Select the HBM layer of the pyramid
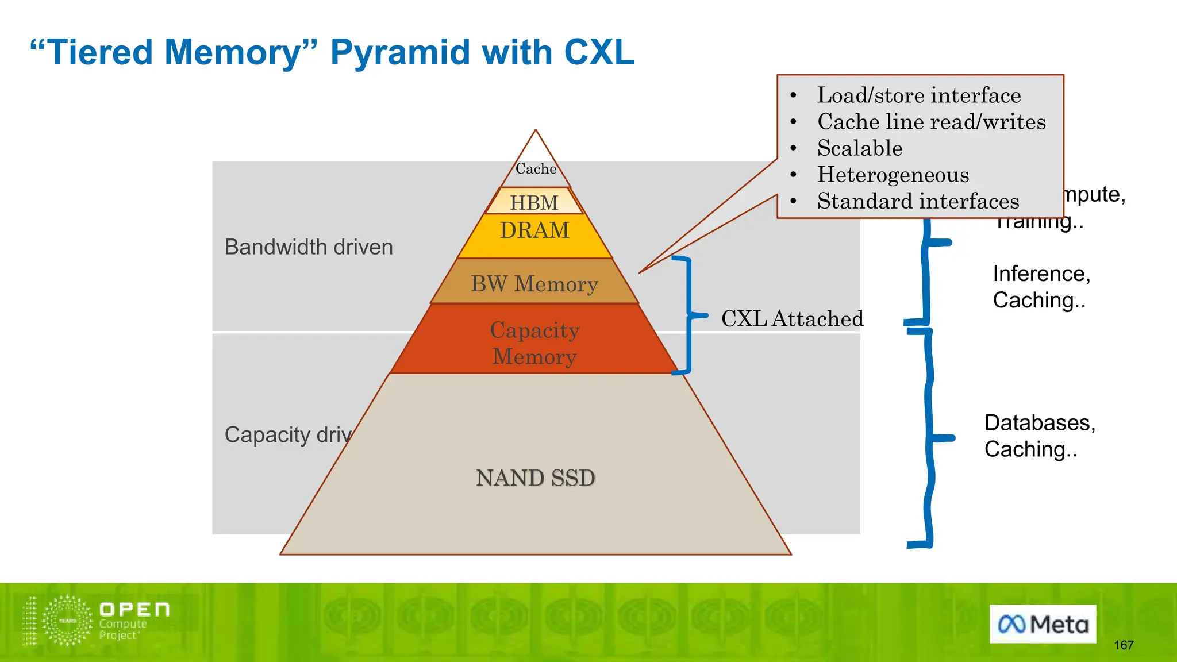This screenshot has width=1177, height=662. click(534, 202)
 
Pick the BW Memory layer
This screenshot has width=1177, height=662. click(534, 283)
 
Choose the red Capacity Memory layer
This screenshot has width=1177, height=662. click(534, 342)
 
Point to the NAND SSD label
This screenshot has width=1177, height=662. click(535, 478)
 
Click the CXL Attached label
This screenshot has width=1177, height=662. click(792, 319)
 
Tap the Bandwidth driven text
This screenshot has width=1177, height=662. click(309, 247)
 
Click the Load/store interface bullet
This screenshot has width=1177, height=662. click(918, 95)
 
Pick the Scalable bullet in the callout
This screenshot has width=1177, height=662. click(860, 148)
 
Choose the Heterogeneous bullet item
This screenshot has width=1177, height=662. click(893, 175)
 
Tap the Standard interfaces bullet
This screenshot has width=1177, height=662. click(918, 201)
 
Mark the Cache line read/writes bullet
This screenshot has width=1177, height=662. click(931, 122)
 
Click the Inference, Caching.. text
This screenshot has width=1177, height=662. click(1041, 287)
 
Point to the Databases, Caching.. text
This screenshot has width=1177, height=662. click(1039, 436)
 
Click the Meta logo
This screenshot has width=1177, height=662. click(1043, 624)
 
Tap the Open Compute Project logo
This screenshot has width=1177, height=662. click(97, 621)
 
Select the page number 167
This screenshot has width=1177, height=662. click(1124, 645)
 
